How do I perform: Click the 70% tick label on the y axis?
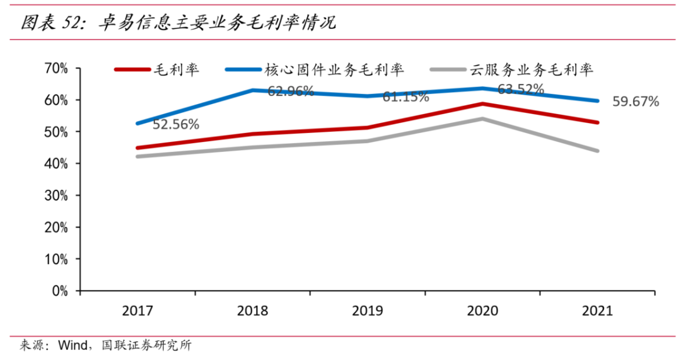pos(55,68)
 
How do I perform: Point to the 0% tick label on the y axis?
pos(59,291)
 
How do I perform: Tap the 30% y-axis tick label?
pos(55,195)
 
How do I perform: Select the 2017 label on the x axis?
pos(137,311)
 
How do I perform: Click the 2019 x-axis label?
pos(368,311)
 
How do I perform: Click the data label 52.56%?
pos(176,125)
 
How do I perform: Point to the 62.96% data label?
pos(291,91)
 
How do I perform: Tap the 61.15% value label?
pos(406,97)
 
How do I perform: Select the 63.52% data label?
pos(521,90)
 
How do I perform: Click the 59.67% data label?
pos(636,101)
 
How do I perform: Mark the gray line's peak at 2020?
pos(482,119)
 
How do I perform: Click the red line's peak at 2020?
pos(482,103)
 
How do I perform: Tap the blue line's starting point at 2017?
pos(137,124)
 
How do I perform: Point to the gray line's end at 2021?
pos(597,151)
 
